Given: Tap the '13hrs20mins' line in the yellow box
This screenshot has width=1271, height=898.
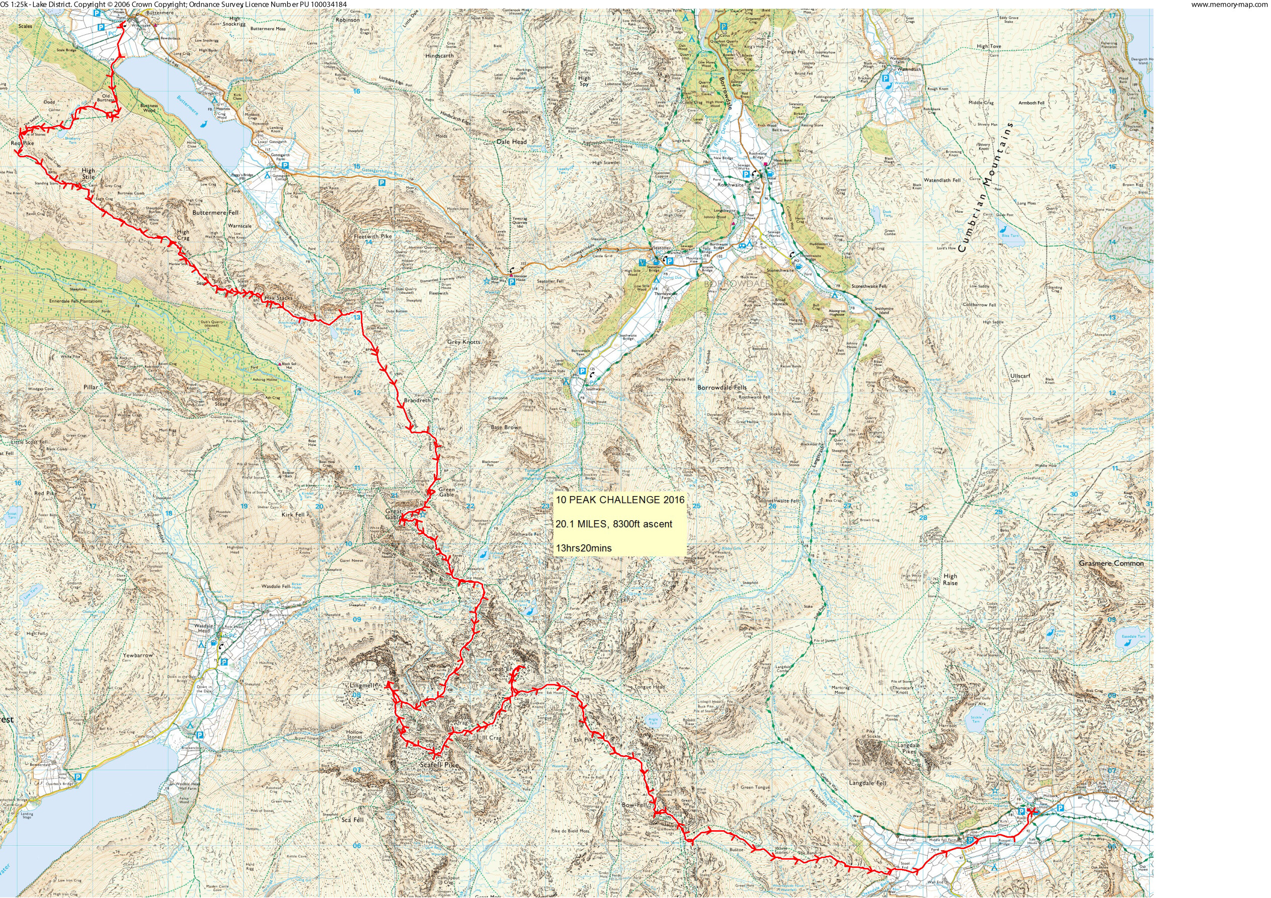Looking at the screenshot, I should [584, 548].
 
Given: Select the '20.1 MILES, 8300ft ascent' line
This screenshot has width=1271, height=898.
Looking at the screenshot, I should [614, 524].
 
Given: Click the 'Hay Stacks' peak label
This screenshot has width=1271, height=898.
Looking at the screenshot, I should [278, 298].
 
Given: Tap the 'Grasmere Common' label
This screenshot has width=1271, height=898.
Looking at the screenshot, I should [1111, 563].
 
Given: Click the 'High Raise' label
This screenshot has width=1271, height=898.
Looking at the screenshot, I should [950, 579].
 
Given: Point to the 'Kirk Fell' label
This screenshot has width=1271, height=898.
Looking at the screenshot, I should [293, 514].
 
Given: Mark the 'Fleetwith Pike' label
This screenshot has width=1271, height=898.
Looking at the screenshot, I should [372, 236].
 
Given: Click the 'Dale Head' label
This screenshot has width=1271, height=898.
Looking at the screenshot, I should [512, 142].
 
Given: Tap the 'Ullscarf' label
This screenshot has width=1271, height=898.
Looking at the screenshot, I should [1020, 376].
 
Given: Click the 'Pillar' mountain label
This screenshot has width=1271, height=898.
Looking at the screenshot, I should [90, 387].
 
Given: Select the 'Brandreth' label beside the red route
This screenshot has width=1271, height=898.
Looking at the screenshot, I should [417, 400].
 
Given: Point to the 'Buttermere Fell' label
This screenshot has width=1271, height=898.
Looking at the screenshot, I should [215, 213].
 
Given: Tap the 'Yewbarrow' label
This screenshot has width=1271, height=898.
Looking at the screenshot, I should [138, 655].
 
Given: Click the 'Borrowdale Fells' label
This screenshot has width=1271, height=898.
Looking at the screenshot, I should [722, 387].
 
